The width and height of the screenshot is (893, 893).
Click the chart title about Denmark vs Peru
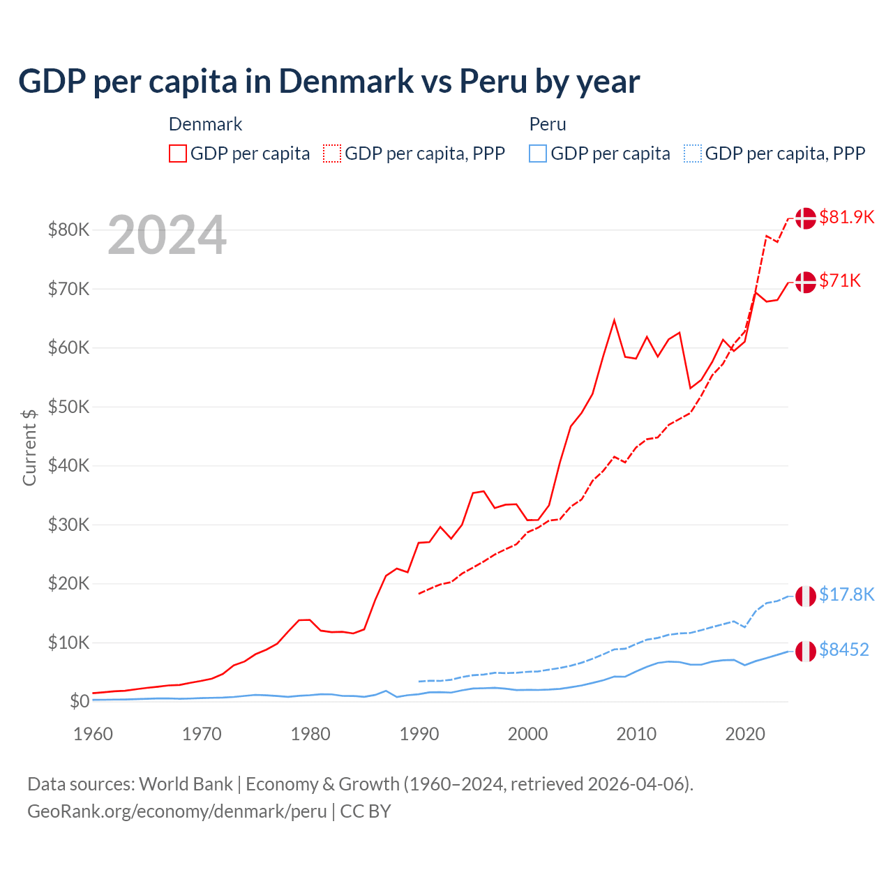coord(329,82)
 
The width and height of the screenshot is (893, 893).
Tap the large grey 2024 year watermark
coord(167,236)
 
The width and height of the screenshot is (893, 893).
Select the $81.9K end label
coord(846,217)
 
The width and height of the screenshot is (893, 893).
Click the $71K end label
coord(840,280)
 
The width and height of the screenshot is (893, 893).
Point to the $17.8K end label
coord(846,594)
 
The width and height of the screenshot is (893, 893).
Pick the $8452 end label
coord(843,650)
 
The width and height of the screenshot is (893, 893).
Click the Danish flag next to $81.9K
coord(806,218)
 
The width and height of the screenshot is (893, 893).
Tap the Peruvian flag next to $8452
coord(806,651)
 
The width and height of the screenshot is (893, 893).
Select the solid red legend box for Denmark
coord(178,153)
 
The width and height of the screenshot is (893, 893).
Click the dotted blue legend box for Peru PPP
coord(693,153)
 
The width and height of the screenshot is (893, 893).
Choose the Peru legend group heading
coord(548,124)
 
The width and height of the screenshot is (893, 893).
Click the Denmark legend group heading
coord(205,124)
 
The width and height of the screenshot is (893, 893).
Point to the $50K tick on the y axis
coord(68,407)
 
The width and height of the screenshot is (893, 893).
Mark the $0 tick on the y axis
coord(80,701)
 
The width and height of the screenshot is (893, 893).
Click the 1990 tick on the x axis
coord(419,734)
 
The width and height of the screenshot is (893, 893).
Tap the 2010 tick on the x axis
coord(636,734)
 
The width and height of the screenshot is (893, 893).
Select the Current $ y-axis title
coord(29,447)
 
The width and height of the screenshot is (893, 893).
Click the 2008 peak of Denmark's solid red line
coord(614,320)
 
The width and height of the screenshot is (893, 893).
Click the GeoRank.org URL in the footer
coord(177,811)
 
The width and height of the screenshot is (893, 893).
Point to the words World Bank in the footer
coord(186,784)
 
